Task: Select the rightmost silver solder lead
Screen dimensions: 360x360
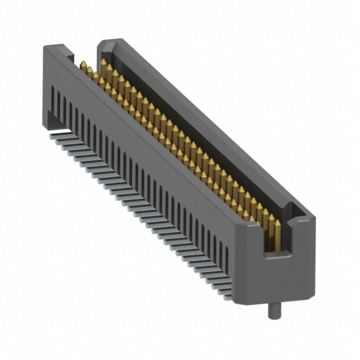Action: pyautogui.click(x=226, y=292)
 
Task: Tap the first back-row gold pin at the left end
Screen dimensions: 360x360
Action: pyautogui.click(x=104, y=69)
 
